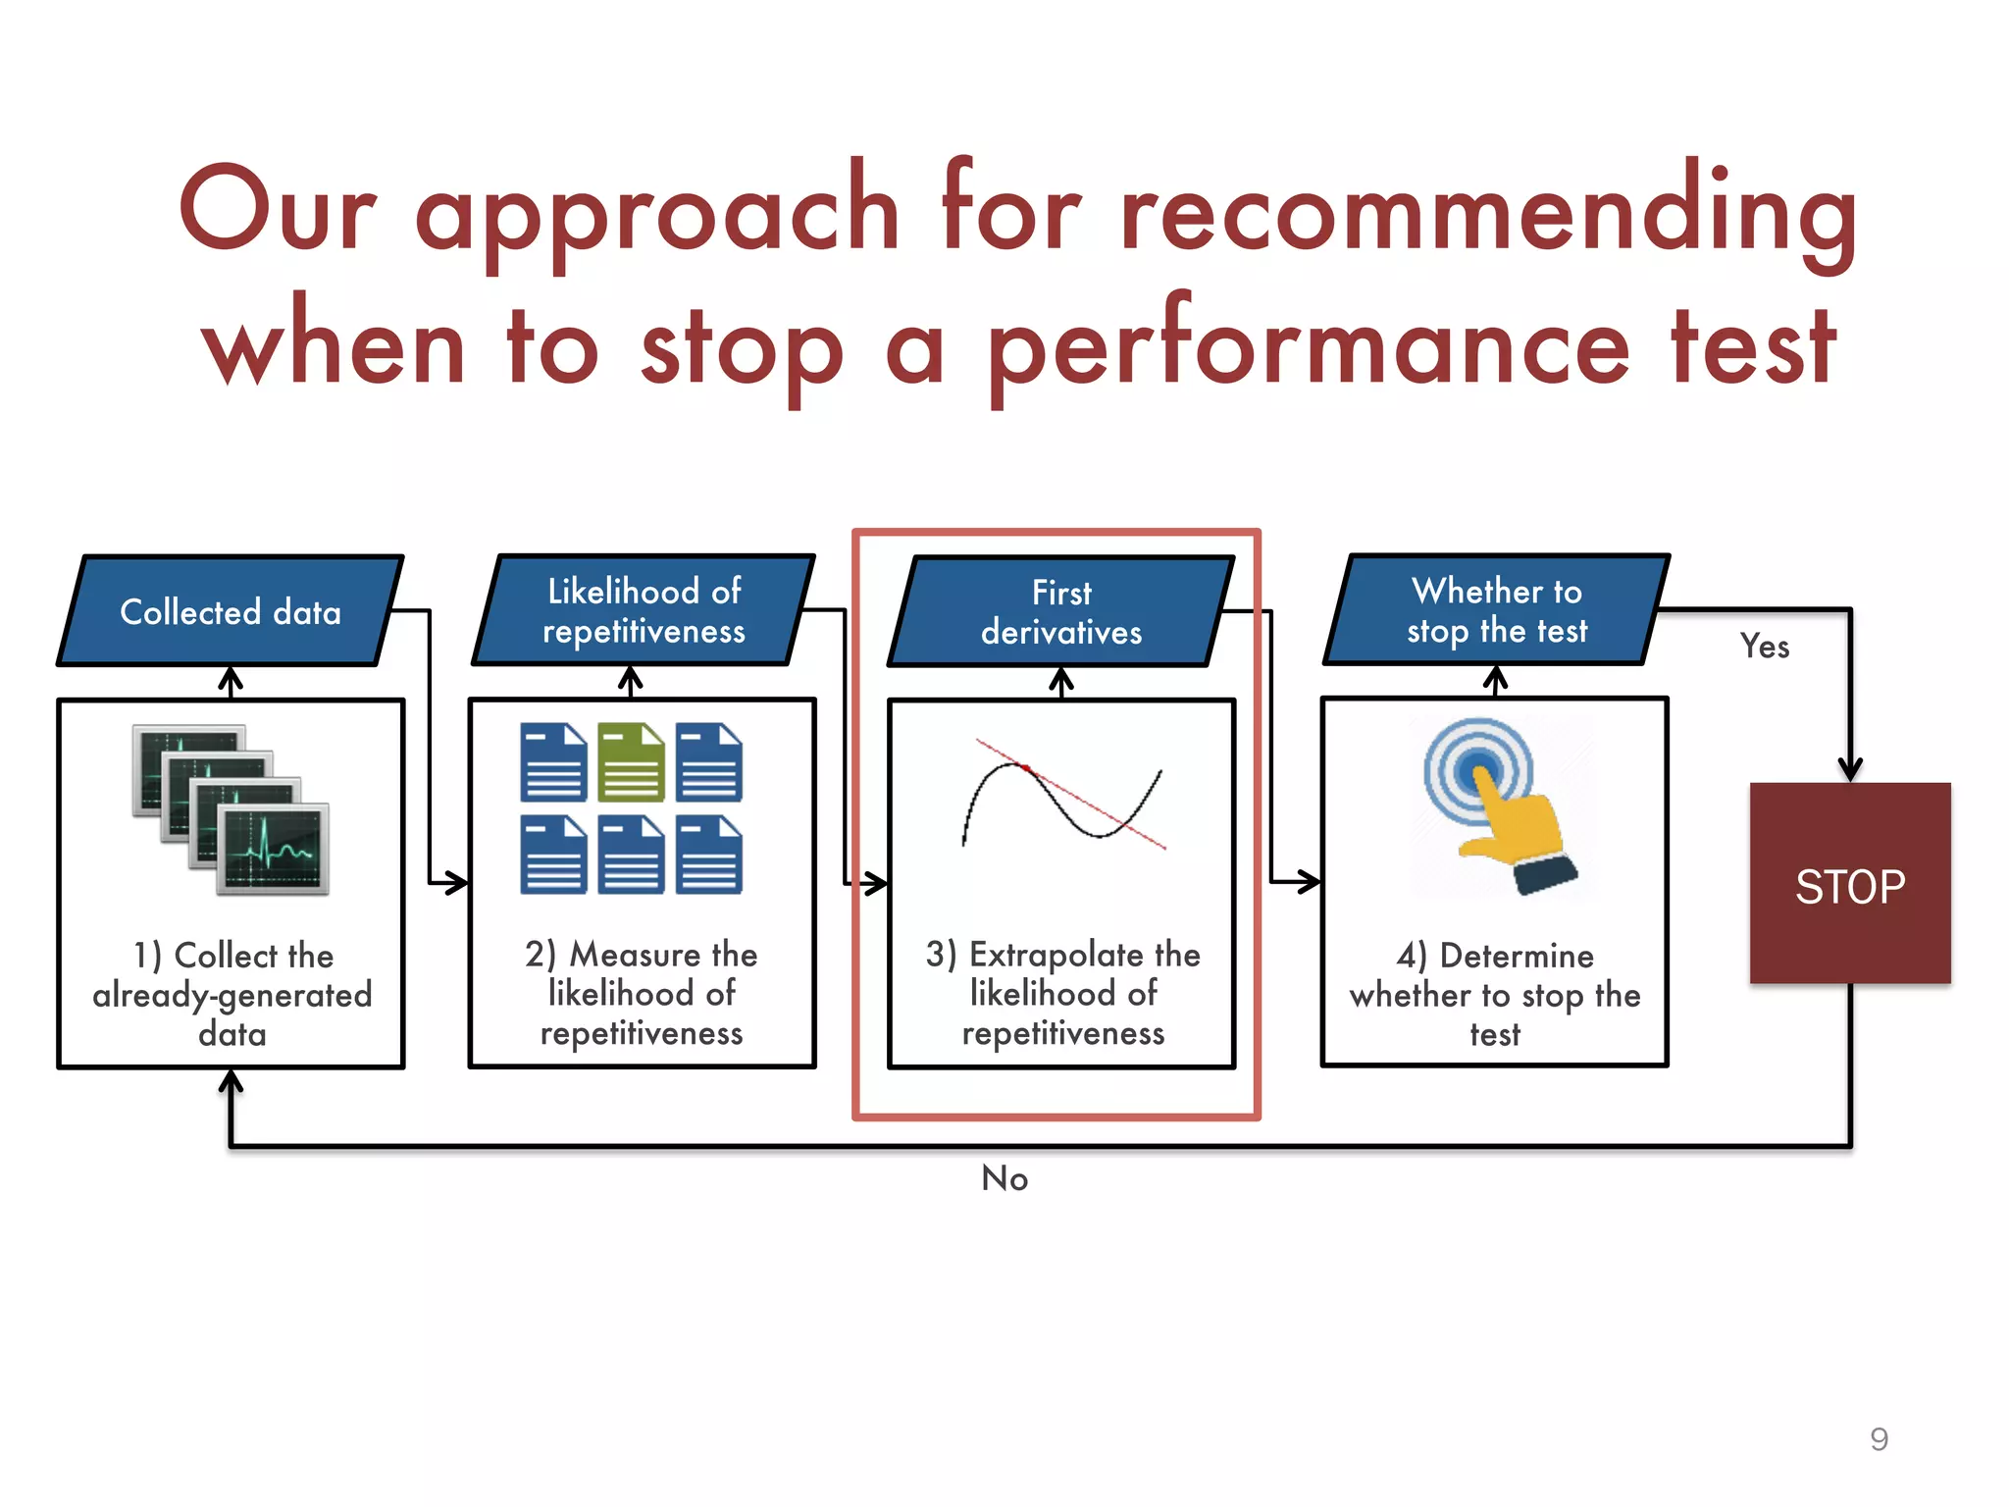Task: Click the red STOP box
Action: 1849,883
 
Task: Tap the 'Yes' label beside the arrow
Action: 1764,647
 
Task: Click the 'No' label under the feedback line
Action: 1004,1178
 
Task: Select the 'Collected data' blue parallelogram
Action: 231,611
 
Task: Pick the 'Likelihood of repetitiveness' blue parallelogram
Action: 644,610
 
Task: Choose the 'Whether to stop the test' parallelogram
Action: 1497,609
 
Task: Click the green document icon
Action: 631,762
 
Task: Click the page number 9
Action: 1879,1438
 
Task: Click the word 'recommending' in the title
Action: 1487,212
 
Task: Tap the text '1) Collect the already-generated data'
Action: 232,994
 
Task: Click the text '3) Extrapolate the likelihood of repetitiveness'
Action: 1062,993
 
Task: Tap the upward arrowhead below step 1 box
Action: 231,1082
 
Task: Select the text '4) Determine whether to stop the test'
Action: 1494,994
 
